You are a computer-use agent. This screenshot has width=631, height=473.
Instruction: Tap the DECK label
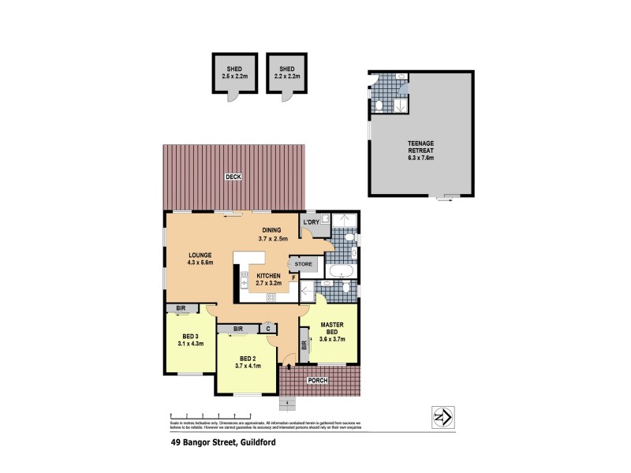(x=233, y=177)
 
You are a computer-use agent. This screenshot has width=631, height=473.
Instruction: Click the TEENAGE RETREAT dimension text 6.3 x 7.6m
(x=420, y=158)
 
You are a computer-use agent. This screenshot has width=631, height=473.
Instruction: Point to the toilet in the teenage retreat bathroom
(x=379, y=105)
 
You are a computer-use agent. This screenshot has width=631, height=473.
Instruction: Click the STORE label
(x=304, y=264)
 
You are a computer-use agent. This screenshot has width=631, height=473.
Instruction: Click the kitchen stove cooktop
(x=271, y=297)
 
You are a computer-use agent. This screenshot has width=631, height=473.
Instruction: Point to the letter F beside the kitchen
(x=294, y=277)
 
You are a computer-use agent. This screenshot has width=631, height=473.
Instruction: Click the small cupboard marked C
(x=268, y=329)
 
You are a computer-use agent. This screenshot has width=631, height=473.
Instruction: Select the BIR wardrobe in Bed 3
(x=181, y=309)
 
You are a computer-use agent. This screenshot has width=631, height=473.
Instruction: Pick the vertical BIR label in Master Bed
(x=304, y=345)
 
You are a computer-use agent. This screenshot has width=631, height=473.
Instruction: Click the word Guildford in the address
(x=253, y=443)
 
